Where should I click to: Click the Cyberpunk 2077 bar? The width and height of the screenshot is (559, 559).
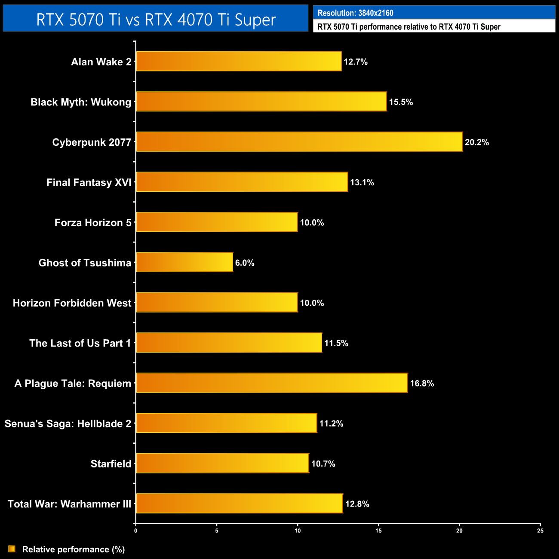tap(299, 142)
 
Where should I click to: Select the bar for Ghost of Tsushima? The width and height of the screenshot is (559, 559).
tap(184, 262)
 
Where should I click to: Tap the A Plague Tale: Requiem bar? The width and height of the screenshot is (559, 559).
tap(272, 383)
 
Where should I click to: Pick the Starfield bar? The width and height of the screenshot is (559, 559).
tap(222, 463)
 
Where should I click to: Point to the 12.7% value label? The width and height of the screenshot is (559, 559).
tap(356, 62)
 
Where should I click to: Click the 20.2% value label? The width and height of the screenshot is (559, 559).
tap(477, 142)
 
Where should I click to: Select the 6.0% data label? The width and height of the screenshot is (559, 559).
tap(245, 263)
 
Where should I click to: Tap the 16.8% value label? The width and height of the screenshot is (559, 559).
tap(422, 383)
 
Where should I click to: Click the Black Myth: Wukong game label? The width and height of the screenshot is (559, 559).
tap(81, 102)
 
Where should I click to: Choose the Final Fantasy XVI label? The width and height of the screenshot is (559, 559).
tap(89, 182)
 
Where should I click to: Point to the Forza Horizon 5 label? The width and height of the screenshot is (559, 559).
tap(93, 223)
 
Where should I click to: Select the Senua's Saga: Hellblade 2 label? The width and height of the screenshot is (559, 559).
tap(68, 424)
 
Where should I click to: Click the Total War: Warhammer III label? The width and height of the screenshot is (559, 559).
tap(69, 504)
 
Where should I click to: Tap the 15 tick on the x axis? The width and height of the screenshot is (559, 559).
tap(378, 531)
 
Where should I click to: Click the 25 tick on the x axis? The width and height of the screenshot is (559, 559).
tap(540, 531)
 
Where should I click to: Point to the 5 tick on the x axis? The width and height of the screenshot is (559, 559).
tap(217, 531)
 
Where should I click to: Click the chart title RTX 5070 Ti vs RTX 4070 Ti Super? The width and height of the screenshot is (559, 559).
tap(156, 19)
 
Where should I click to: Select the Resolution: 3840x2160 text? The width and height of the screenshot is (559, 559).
tap(355, 13)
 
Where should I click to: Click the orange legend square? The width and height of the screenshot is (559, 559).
tap(12, 549)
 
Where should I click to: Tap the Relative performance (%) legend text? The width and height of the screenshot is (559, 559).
tap(74, 549)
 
